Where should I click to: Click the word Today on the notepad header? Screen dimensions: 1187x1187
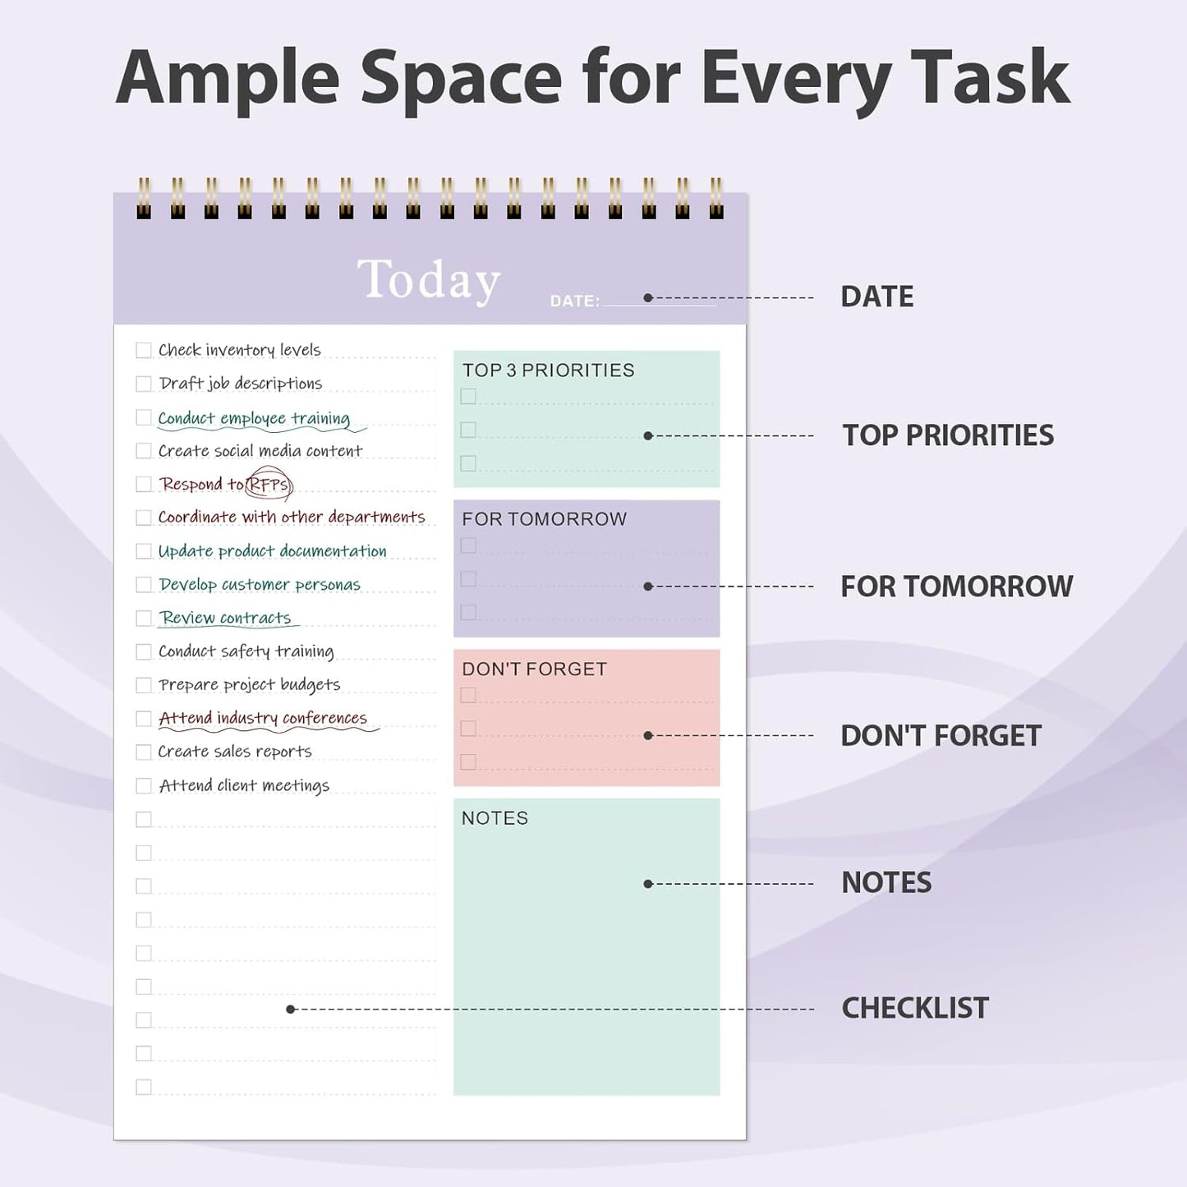pyautogui.click(x=429, y=279)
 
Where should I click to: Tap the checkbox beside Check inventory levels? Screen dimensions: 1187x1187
pyautogui.click(x=144, y=351)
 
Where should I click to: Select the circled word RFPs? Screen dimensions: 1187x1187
pyautogui.click(x=269, y=485)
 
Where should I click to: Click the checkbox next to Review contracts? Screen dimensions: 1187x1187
pyautogui.click(x=144, y=619)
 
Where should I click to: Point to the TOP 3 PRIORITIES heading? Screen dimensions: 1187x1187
pyautogui.click(x=548, y=370)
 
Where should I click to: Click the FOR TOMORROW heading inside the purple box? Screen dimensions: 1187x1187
pyautogui.click(x=544, y=519)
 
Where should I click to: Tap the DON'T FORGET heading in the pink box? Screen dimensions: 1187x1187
pyautogui.click(x=534, y=669)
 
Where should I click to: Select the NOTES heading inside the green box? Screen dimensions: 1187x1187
pyautogui.click(x=495, y=818)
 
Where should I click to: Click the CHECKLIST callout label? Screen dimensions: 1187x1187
pyautogui.click(x=914, y=1008)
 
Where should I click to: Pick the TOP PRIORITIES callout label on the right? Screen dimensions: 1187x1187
pyautogui.click(x=947, y=435)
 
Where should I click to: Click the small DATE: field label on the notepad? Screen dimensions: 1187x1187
pyautogui.click(x=574, y=301)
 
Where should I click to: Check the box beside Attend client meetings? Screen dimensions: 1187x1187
pyautogui.click(x=144, y=786)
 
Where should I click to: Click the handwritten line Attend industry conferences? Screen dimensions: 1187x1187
pyautogui.click(x=263, y=718)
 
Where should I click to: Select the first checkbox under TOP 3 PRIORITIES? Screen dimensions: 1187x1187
pyautogui.click(x=468, y=397)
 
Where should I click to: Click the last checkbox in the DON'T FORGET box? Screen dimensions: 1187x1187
pyautogui.click(x=468, y=762)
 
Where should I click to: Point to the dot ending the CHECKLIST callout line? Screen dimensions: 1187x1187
pyautogui.click(x=290, y=1009)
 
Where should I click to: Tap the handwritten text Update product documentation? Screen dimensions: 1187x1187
pyautogui.click(x=272, y=551)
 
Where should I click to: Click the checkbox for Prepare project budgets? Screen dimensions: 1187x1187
pyautogui.click(x=144, y=685)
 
